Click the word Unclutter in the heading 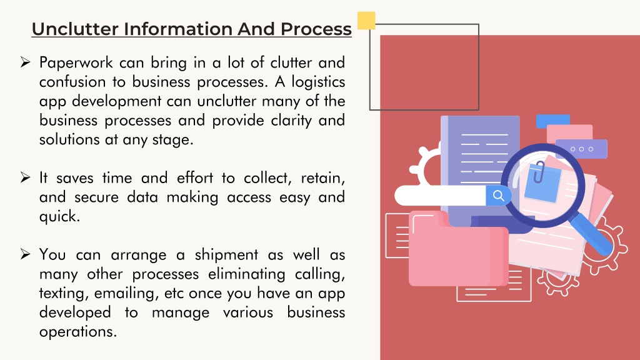(x=75, y=29)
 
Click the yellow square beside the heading (x=366, y=21)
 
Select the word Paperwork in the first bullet (x=76, y=63)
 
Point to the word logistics (x=318, y=82)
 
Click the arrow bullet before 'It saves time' (x=25, y=177)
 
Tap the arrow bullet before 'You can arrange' (x=25, y=254)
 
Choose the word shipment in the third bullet (x=226, y=255)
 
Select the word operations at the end (x=78, y=332)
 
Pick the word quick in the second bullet (x=59, y=216)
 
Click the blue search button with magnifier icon (x=498, y=196)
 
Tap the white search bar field (x=441, y=196)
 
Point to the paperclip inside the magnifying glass (x=539, y=172)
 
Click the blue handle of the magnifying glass (x=591, y=235)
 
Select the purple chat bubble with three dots (x=582, y=149)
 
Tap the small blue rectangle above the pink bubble (x=552, y=121)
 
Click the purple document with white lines (x=480, y=163)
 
